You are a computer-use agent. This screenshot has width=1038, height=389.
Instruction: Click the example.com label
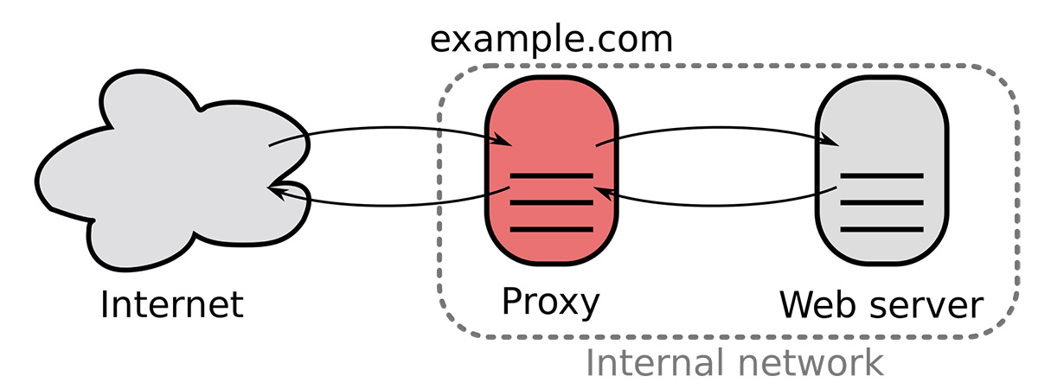tap(551, 41)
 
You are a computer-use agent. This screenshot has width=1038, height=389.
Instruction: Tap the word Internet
tap(171, 304)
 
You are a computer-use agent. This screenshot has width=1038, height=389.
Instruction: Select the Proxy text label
tap(550, 303)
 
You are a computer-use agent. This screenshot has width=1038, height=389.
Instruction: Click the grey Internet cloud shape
tap(171, 171)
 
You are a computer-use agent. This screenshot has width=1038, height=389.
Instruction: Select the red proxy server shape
tap(552, 170)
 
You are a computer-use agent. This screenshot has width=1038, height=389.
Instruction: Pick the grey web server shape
tap(881, 170)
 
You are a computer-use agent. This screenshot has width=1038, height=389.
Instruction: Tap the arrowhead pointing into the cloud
tap(278, 191)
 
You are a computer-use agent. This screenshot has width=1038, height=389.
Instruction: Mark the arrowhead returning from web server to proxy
tap(605, 193)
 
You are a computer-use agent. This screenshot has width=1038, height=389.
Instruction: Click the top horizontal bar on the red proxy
tap(552, 176)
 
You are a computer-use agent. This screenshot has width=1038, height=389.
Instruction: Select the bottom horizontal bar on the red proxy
tap(552, 229)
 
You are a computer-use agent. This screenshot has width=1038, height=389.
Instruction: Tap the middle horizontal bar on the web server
tap(881, 202)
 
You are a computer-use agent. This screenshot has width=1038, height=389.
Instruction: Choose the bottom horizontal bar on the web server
tap(881, 229)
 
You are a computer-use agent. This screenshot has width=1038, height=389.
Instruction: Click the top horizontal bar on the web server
tap(881, 176)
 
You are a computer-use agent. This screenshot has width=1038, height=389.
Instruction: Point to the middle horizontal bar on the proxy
tap(552, 202)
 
